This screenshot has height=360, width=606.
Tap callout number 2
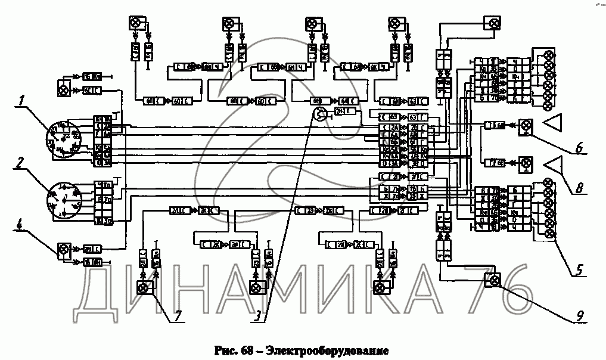pos(21,163)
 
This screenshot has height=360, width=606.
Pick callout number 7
pos(177,316)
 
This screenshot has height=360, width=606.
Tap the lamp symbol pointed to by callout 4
pos(61,250)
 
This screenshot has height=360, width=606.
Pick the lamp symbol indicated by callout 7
pos(143,289)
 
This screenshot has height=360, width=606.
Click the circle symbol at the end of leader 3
pos(321,116)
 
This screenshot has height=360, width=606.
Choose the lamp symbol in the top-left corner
pos(134,24)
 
